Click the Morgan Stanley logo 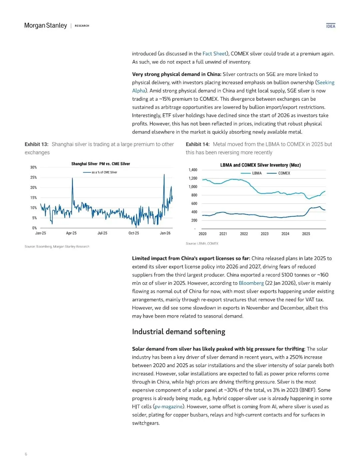click(46, 26)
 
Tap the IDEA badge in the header click(331, 26)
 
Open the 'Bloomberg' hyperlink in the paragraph click(251, 283)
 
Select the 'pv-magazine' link click(168, 407)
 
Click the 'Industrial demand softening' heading click(178, 332)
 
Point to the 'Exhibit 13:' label click(36, 144)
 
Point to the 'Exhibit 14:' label click(198, 144)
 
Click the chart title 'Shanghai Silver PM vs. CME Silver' click(101, 164)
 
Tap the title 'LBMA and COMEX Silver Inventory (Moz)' click(260, 165)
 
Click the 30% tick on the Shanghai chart click(33, 167)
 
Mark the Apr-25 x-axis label click(71, 233)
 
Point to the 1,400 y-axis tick click(193, 170)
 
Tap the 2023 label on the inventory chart click(265, 234)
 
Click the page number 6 click(26, 454)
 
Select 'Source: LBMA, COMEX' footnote click(202, 244)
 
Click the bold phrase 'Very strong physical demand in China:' click(177, 74)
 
